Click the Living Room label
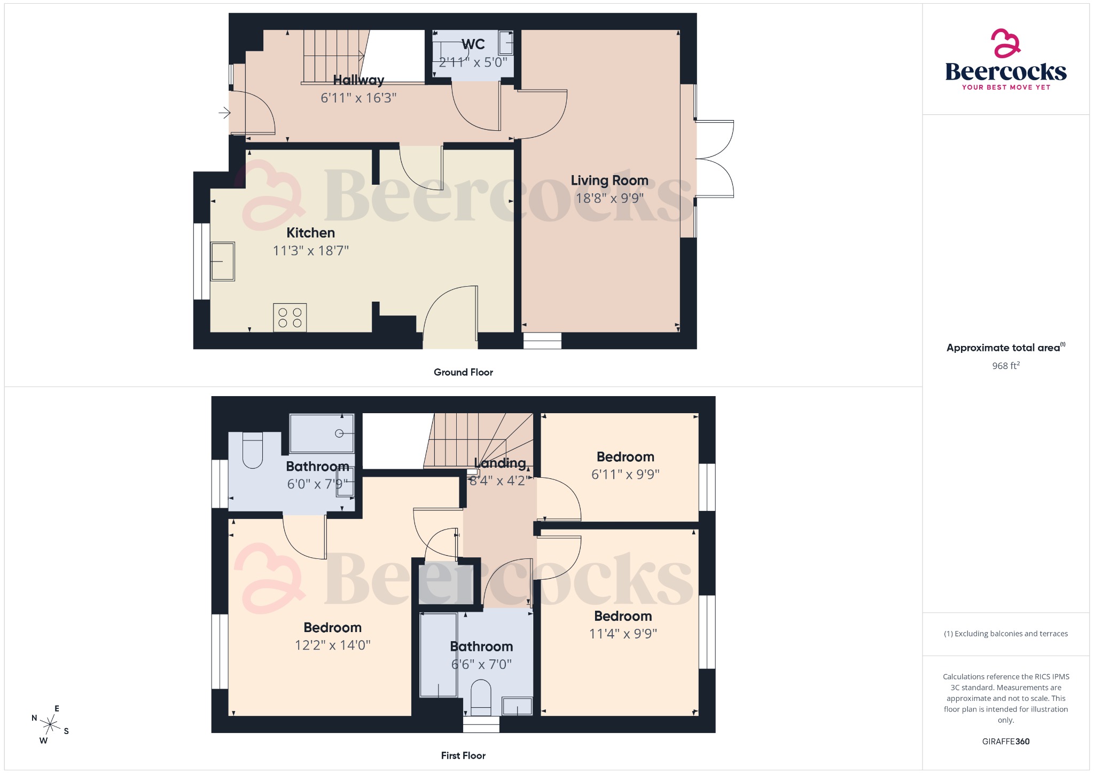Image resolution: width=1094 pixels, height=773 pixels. click(609, 180)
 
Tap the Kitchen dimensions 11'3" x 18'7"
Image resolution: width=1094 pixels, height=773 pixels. click(310, 250)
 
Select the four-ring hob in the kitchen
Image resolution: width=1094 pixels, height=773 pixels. click(290, 318)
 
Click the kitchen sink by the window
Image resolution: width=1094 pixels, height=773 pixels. click(223, 262)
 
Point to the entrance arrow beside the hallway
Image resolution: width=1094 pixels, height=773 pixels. click(224, 113)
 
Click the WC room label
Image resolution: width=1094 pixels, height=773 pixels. click(473, 44)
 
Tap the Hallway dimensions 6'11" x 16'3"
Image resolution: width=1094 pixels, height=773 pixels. click(358, 98)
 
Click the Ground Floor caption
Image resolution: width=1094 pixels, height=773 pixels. click(463, 372)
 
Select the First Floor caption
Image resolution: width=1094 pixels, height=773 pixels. click(463, 755)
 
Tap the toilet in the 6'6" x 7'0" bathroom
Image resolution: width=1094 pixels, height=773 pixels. click(481, 697)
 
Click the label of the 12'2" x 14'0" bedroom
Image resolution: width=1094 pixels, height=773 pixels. click(332, 627)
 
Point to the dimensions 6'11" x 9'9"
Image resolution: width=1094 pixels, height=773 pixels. click(625, 474)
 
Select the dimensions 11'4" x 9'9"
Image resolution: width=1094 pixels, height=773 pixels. click(623, 634)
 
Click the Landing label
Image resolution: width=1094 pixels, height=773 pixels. click(500, 463)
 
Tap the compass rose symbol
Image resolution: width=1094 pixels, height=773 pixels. click(51, 725)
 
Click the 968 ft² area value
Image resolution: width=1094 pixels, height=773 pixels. click(1005, 366)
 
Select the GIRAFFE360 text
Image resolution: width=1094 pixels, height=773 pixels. click(1005, 741)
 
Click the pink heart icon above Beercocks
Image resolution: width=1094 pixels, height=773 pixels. click(1005, 43)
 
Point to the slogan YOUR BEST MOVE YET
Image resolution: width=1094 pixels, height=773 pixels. click(1006, 87)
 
